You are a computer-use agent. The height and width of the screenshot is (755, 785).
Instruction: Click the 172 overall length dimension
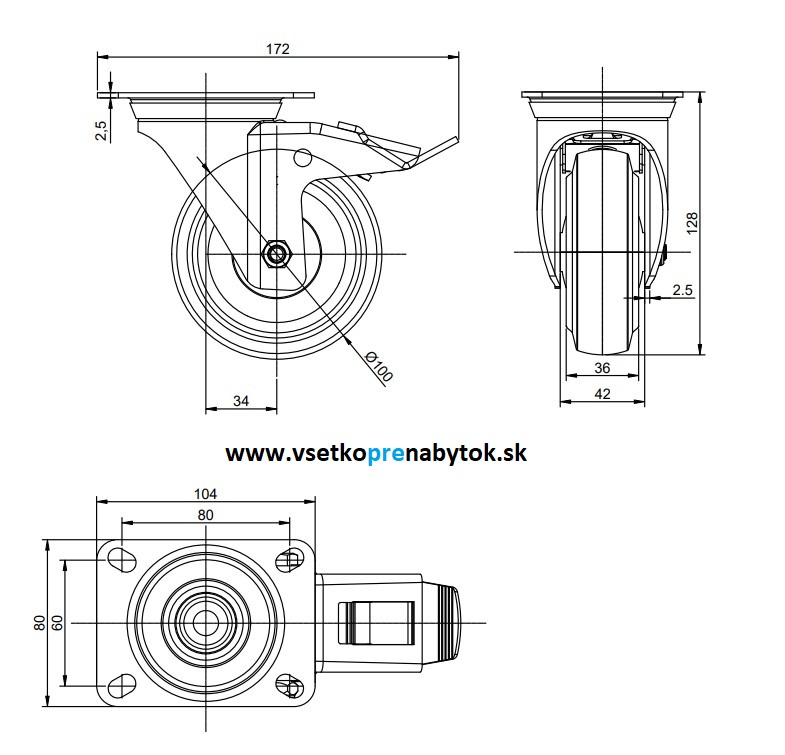[279, 47]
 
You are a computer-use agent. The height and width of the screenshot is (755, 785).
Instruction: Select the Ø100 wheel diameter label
[379, 366]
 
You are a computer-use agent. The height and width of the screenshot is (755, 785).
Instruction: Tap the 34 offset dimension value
[241, 401]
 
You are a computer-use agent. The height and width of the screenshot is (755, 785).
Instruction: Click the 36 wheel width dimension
[602, 368]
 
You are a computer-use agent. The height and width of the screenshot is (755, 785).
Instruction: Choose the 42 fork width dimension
[602, 394]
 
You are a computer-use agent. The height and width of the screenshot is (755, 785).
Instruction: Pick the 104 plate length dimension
[206, 493]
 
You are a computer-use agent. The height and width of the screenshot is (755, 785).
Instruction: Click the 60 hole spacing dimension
[58, 622]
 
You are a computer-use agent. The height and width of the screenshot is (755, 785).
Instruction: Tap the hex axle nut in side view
[276, 255]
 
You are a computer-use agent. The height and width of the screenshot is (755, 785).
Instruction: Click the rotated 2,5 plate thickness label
[100, 131]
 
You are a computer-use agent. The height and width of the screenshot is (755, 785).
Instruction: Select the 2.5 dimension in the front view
[683, 290]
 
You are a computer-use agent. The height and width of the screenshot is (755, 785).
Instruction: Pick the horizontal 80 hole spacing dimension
[206, 514]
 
